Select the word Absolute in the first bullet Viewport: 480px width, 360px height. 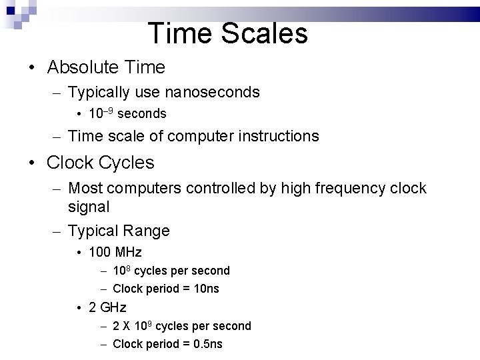pyautogui.click(x=81, y=67)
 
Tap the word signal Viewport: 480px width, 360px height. pyautogui.click(x=89, y=207)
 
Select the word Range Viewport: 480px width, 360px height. pyautogui.click(x=145, y=231)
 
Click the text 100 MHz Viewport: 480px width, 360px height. pyautogui.click(x=115, y=252)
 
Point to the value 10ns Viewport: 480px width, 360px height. pyautogui.click(x=205, y=289)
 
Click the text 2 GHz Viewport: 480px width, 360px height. pyautogui.click(x=107, y=307)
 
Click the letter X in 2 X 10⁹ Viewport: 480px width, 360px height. pyautogui.click(x=127, y=326)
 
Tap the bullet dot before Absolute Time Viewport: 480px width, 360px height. pyautogui.click(x=32, y=68)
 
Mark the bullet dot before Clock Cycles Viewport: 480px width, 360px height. pyautogui.click(x=32, y=163)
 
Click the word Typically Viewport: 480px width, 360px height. pyautogui.click(x=97, y=92)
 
